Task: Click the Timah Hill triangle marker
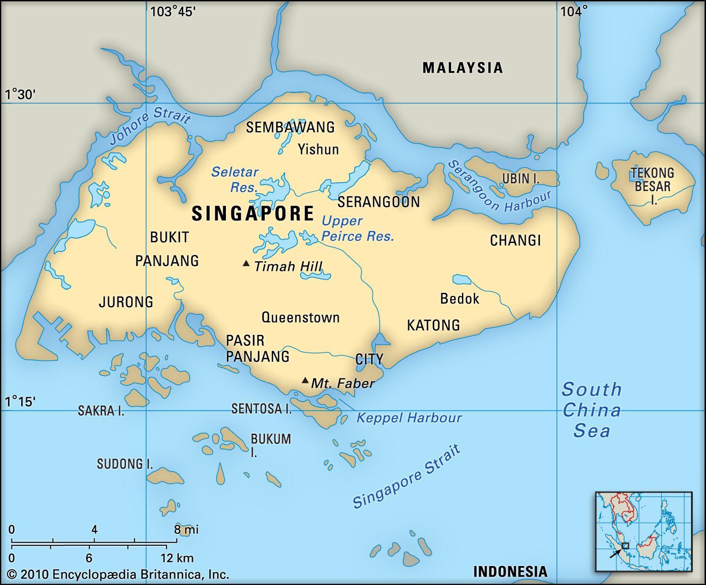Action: point(246,264)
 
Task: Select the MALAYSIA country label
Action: point(462,67)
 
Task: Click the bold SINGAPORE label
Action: point(253,214)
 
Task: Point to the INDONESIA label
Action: point(510,572)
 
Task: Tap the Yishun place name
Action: point(318,149)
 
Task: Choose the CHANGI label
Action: point(515,240)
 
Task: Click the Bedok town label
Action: point(459,299)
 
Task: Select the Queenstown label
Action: point(300,317)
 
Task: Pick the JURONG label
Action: point(126,302)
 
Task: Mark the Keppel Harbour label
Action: point(409,417)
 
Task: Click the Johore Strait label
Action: point(150,125)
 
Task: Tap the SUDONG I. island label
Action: point(125,464)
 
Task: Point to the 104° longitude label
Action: point(574,11)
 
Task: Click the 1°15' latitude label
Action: point(20,401)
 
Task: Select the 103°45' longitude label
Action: point(173,11)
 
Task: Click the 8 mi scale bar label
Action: point(186,529)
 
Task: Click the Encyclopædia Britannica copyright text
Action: point(118,574)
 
